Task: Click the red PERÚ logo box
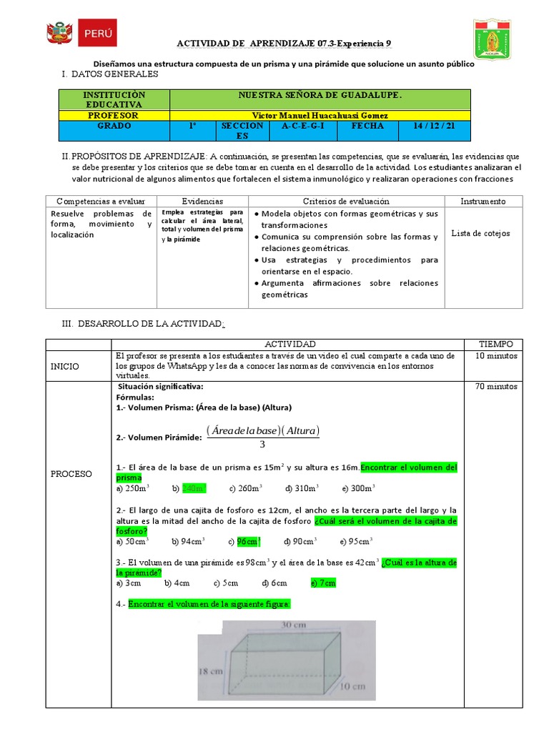click(x=97, y=33)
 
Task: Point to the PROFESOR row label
click(x=113, y=115)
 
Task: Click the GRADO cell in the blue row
click(x=113, y=126)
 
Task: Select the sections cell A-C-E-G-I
click(x=303, y=126)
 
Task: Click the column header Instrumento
click(x=483, y=202)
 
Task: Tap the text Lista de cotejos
click(x=480, y=233)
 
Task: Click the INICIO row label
click(x=65, y=367)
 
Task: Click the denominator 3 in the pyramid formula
click(x=262, y=445)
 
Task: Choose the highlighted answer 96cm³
click(x=249, y=541)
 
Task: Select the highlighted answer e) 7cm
click(x=323, y=583)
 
